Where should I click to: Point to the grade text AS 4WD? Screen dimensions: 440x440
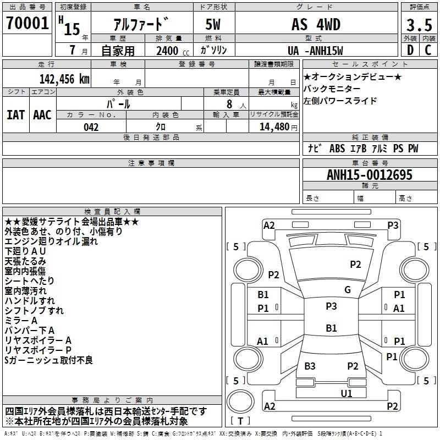(x=316, y=25)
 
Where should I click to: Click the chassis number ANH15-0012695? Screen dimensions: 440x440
(x=370, y=175)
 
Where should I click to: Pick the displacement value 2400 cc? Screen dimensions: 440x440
(x=167, y=51)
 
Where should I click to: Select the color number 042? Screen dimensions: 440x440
(x=91, y=127)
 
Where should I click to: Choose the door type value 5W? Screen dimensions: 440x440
(x=214, y=25)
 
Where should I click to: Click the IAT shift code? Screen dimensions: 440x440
(x=16, y=114)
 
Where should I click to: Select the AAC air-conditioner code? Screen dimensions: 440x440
(x=42, y=114)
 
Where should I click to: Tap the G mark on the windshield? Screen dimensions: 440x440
(x=348, y=290)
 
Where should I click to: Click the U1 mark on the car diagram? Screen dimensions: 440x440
(x=346, y=393)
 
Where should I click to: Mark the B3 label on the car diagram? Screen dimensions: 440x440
(x=310, y=366)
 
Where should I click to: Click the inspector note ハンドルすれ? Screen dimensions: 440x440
(x=30, y=301)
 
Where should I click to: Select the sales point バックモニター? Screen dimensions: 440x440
(x=332, y=89)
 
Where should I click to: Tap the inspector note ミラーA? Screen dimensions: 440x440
(x=21, y=321)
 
